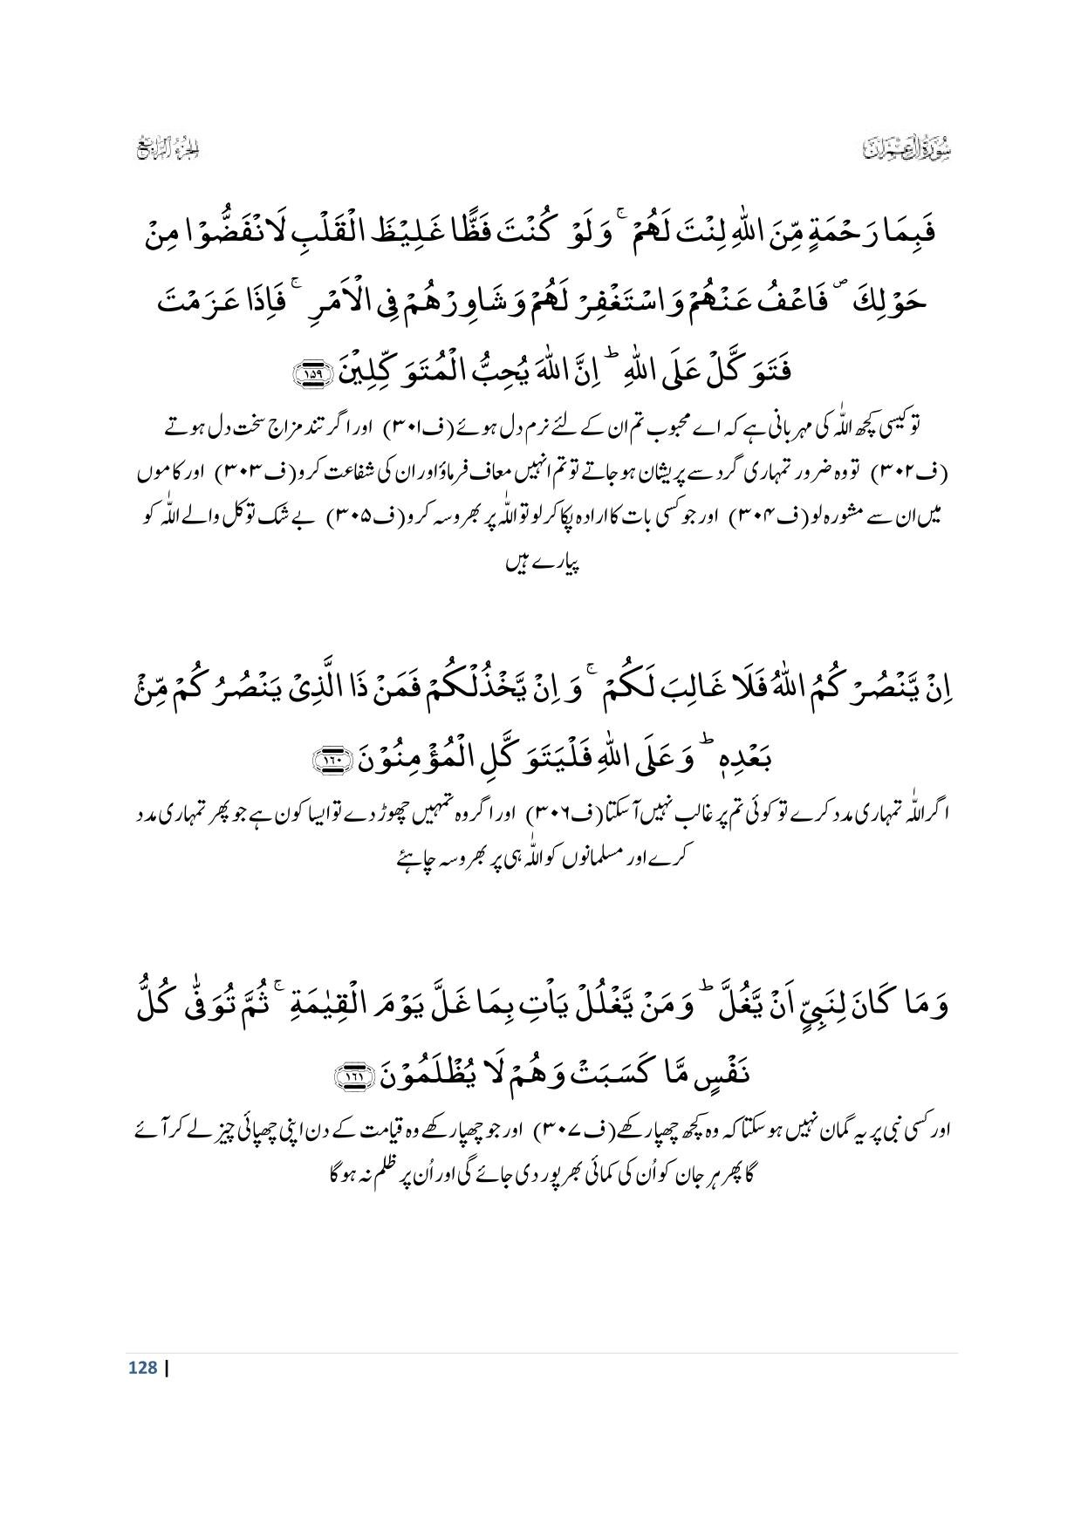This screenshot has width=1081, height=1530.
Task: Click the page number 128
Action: pos(141,1368)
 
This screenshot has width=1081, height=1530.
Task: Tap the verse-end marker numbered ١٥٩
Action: pos(311,373)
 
